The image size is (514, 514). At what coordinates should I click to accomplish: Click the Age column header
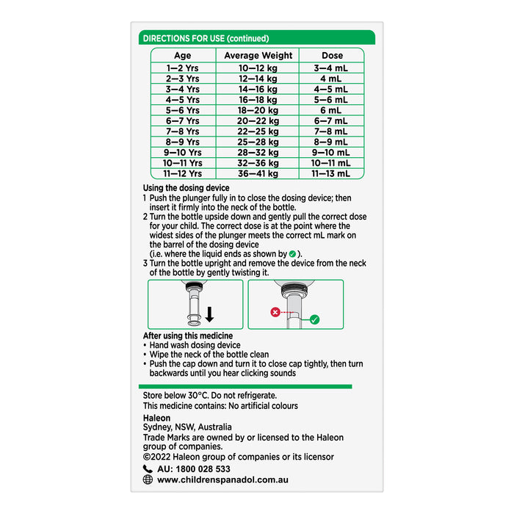pos(182,55)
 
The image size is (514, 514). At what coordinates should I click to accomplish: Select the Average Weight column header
pos(258,55)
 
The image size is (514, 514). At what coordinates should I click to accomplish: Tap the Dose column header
pos(332,55)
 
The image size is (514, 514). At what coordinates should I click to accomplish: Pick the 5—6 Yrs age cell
pos(182,110)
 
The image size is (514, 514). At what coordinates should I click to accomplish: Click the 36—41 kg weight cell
pos(258,174)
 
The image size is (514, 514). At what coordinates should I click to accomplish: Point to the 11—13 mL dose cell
pos(332,174)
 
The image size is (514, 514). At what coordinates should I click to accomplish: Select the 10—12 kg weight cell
pos(258,68)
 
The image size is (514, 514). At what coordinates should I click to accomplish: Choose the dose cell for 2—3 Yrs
pos(332,78)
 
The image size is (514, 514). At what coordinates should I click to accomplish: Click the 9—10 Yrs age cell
pos(182,153)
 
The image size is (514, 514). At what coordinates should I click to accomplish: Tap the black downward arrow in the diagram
pos(209,314)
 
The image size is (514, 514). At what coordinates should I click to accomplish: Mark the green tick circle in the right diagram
pos(314,320)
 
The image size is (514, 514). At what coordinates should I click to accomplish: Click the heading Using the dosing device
pos(186,189)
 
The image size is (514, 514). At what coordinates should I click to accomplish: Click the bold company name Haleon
pos(156,416)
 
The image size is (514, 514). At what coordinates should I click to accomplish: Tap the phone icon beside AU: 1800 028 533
pos(148,468)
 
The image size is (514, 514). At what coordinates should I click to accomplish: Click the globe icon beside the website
pos(148,480)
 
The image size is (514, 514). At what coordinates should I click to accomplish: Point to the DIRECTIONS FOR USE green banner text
pos(206,38)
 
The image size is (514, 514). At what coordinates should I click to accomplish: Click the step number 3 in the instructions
pos(145,264)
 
